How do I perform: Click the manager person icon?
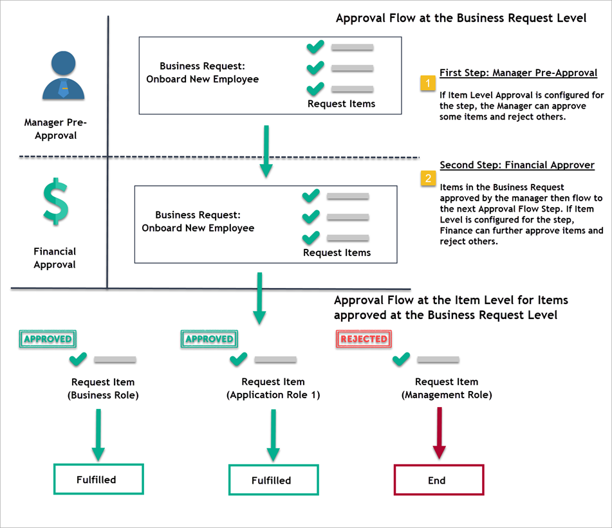(63, 75)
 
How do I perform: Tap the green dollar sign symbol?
(55, 201)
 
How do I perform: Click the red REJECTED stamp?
(364, 338)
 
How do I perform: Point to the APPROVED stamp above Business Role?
(48, 338)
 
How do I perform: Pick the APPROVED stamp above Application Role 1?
(209, 338)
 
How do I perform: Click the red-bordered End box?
(438, 480)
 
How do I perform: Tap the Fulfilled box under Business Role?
(98, 479)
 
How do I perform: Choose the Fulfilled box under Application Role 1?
(274, 480)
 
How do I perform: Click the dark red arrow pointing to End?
(439, 435)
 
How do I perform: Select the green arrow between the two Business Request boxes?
(266, 151)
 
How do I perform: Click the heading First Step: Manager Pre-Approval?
(518, 73)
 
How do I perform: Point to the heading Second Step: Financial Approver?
(517, 165)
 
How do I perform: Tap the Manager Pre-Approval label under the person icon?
(55, 129)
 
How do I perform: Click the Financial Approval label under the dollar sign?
(55, 258)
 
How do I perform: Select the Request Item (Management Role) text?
(447, 388)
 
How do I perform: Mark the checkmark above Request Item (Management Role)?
(402, 359)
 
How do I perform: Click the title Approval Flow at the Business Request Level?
(461, 18)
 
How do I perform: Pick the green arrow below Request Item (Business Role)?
(98, 435)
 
